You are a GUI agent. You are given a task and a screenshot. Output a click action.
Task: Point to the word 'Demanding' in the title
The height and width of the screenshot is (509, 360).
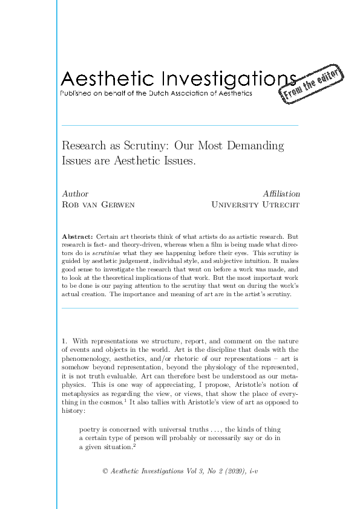point(255,146)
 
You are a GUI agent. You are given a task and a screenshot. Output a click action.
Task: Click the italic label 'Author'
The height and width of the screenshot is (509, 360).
point(75,193)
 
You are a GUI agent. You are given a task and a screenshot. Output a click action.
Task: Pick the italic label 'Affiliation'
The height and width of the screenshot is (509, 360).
point(281,193)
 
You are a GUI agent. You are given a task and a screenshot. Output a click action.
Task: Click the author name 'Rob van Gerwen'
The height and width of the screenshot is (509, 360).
point(99,205)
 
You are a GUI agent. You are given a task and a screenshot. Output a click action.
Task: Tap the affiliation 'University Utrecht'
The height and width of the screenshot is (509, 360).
point(255,205)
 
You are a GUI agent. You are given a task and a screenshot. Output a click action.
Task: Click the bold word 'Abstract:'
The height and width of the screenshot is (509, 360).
point(78,235)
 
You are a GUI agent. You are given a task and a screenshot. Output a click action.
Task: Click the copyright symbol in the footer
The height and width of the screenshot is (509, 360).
point(105,471)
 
